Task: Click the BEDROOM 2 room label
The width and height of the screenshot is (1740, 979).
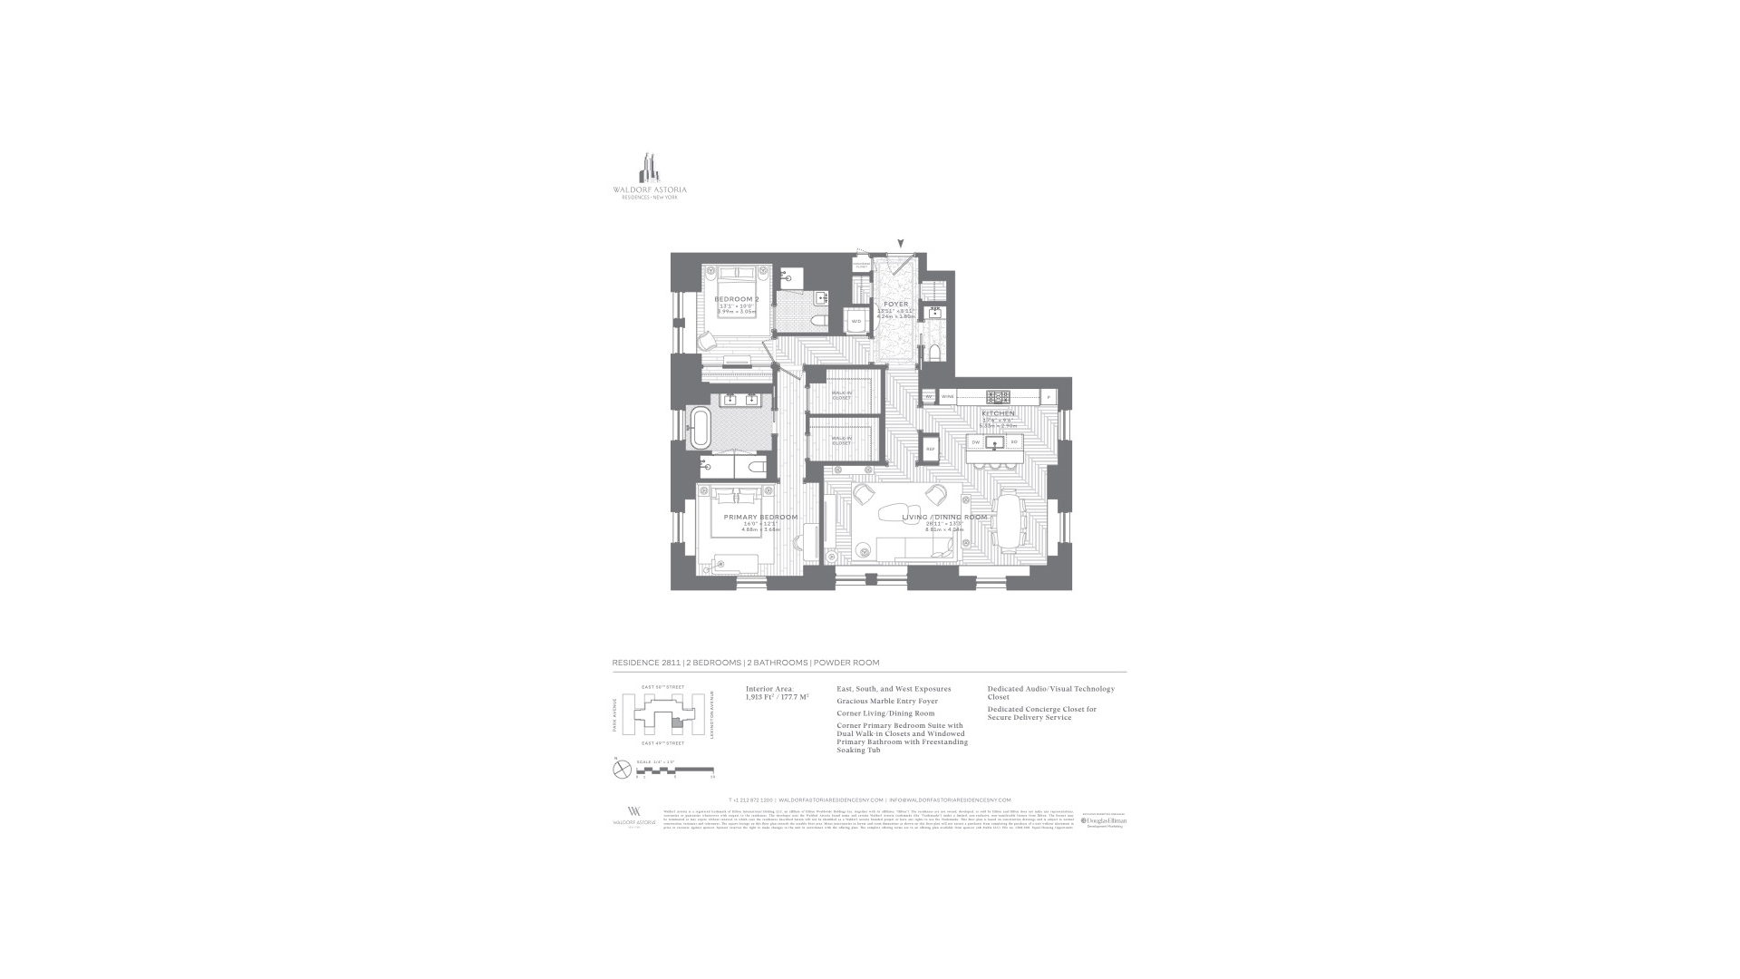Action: click(x=736, y=298)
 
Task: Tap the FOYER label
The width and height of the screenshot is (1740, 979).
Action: click(x=895, y=305)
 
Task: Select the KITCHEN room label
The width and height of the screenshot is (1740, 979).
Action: click(x=999, y=413)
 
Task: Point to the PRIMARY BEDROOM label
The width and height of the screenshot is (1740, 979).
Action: click(x=760, y=518)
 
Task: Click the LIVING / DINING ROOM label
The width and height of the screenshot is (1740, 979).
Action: click(x=944, y=518)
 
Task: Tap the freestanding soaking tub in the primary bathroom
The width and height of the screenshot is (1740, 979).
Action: click(x=701, y=428)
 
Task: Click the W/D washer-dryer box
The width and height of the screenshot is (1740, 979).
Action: click(x=855, y=322)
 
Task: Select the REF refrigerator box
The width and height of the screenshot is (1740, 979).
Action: click(x=930, y=449)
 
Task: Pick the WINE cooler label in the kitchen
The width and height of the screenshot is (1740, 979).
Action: click(x=948, y=397)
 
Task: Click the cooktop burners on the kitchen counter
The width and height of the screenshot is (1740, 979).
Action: click(x=998, y=397)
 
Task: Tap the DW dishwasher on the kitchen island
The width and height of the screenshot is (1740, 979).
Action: click(x=976, y=442)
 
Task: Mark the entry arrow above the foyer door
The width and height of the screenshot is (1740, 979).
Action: click(x=900, y=243)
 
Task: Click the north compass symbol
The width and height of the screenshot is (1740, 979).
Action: click(x=622, y=770)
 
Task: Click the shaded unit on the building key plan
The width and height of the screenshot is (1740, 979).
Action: click(x=676, y=722)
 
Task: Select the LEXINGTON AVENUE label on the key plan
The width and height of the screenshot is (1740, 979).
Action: click(x=712, y=715)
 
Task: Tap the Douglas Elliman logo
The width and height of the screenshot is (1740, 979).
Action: click(x=1104, y=821)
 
